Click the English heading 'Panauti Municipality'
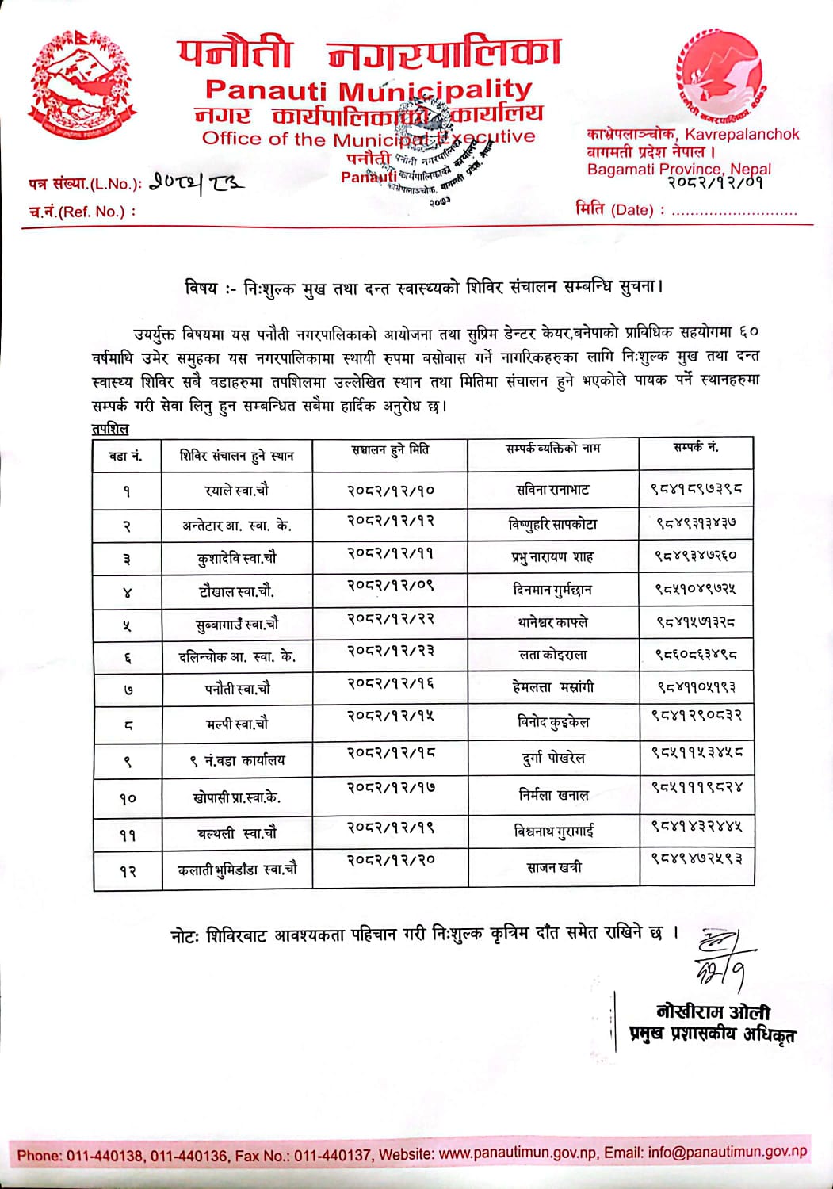click(369, 90)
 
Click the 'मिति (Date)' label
click(615, 210)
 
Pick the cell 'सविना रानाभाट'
click(552, 490)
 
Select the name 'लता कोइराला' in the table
click(552, 655)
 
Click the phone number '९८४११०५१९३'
click(696, 687)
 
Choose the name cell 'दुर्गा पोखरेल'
click(553, 759)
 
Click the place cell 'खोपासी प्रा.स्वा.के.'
click(236, 797)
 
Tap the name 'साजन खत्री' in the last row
click(553, 867)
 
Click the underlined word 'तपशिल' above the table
click(109, 428)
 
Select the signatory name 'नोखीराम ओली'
click(713, 1011)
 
